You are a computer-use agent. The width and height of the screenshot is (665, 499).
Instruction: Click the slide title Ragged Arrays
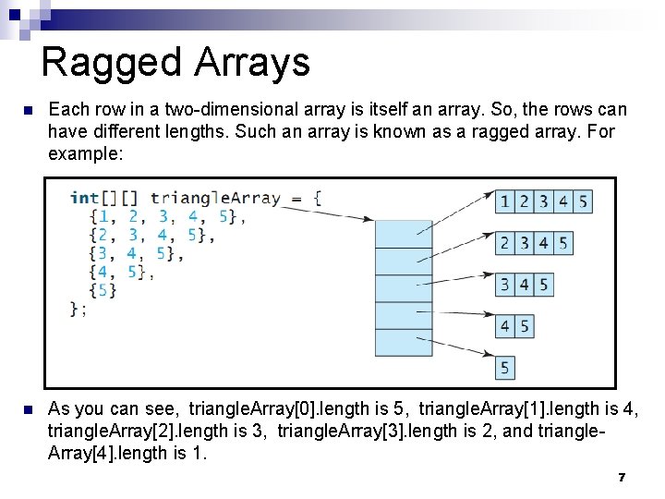point(175,62)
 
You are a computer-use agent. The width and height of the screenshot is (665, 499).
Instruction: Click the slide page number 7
point(622,477)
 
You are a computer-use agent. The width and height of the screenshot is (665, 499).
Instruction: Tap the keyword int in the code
point(84,198)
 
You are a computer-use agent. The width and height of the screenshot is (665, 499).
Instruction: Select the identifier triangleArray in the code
point(215,198)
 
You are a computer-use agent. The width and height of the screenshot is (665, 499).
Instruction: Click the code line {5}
point(103,290)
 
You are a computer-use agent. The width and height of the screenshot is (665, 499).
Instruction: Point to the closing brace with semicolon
point(79,309)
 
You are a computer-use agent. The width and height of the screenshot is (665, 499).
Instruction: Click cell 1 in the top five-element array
point(505,201)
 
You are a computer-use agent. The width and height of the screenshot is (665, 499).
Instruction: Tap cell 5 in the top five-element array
point(583,201)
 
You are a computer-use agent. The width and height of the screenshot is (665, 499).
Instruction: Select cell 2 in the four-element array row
point(505,244)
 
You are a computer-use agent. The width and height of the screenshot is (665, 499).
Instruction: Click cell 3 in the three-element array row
point(505,285)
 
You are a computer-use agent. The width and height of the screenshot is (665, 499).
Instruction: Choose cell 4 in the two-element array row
point(505,326)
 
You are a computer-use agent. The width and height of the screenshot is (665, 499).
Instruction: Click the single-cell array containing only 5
point(505,368)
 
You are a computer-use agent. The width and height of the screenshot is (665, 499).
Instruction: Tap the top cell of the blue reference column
point(404,235)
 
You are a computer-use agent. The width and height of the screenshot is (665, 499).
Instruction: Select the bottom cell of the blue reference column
point(404,343)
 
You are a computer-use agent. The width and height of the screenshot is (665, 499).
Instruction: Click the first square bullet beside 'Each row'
point(28,111)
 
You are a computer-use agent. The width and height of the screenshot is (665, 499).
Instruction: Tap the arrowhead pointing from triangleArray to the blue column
point(369,220)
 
